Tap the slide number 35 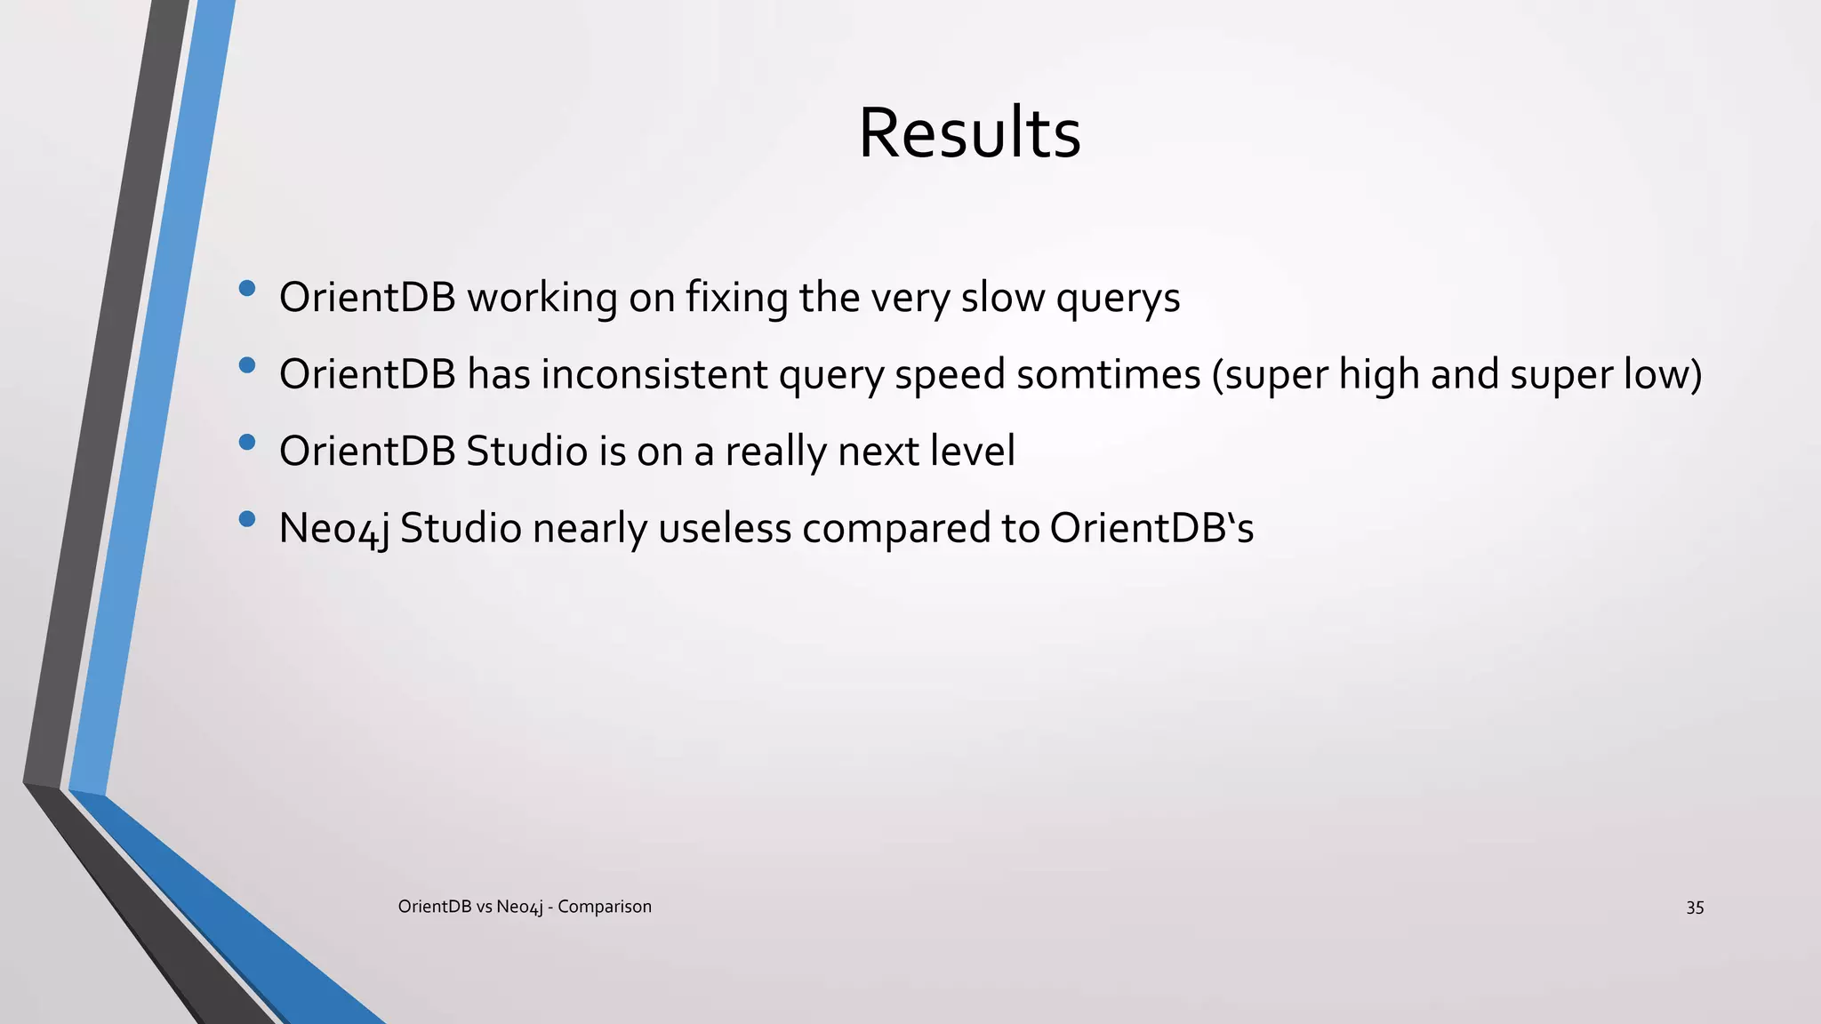point(1695,908)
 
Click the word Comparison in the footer point(605,907)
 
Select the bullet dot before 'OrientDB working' point(247,288)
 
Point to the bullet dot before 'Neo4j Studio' point(247,519)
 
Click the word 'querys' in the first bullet point(1118,299)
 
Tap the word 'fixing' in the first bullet point(736,297)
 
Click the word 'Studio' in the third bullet point(526,452)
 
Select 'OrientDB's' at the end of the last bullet point(1151,528)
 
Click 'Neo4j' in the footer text point(519,908)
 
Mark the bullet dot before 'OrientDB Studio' point(247,442)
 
